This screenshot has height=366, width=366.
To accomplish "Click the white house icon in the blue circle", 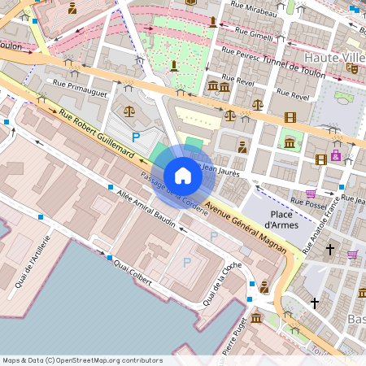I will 183,175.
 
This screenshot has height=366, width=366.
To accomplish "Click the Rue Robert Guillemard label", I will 95,128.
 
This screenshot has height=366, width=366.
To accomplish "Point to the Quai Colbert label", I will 133,271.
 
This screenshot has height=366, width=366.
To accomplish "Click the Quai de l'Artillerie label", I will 33,262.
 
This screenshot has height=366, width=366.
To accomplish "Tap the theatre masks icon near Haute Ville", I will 352,69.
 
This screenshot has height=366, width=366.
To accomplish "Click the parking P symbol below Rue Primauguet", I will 136,137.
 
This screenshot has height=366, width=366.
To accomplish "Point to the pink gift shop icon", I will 336,155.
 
